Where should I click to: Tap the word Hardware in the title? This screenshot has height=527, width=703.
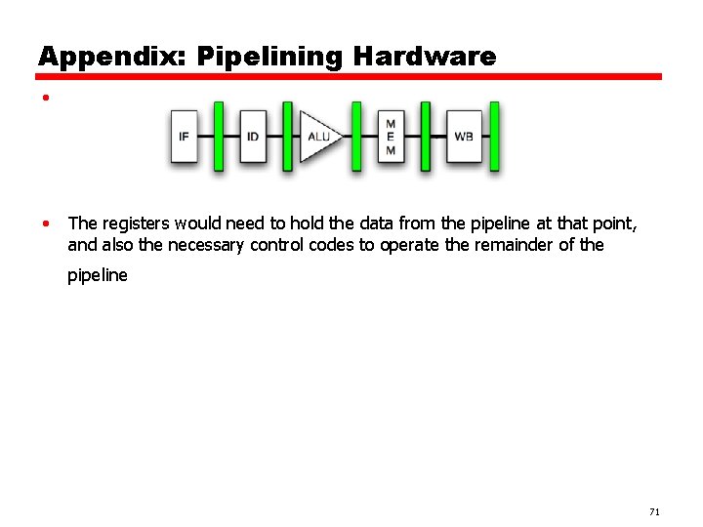tap(425, 57)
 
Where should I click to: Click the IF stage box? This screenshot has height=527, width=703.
tap(185, 137)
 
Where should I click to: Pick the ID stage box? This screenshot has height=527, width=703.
tap(253, 137)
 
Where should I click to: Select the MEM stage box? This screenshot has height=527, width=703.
tap(391, 137)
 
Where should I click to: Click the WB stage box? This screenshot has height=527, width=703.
tap(463, 137)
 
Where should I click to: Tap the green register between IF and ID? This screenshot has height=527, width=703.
tap(219, 137)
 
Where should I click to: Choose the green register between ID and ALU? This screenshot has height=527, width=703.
tap(287, 137)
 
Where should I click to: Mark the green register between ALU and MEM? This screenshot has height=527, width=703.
tap(356, 137)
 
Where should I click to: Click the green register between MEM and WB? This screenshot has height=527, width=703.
tap(426, 137)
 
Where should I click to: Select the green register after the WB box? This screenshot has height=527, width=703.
tap(494, 137)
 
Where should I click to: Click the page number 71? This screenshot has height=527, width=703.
tap(653, 512)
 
